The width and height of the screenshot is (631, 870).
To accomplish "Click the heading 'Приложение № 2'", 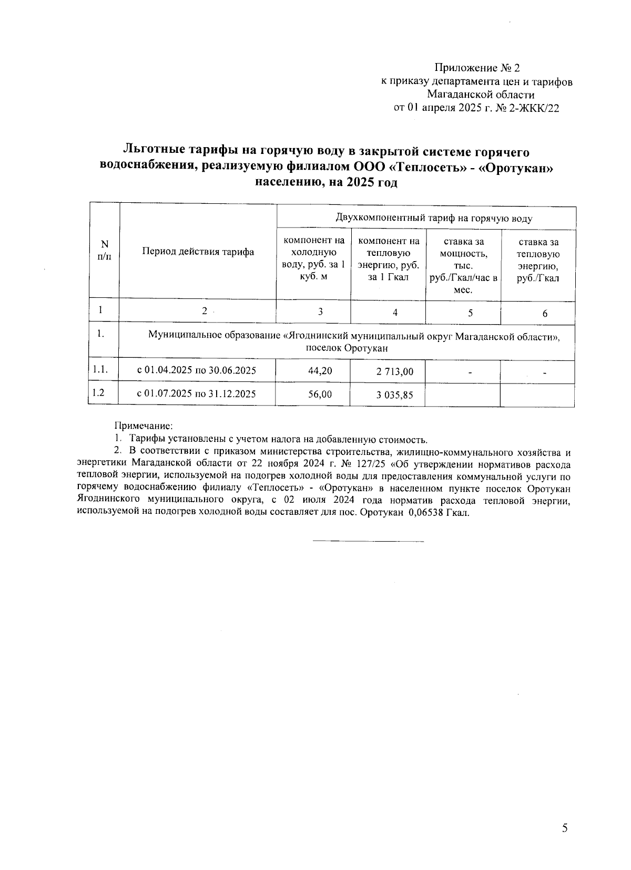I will pos(476,68).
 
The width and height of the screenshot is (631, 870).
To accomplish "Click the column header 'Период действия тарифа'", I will pos(198,252).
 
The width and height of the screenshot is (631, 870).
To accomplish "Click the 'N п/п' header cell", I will pos(105,251).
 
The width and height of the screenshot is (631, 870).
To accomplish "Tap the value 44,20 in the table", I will pos(320,371).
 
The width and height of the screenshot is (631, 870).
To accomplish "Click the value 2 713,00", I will pos(394,372).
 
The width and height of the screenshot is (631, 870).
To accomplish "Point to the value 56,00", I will pos(320,394).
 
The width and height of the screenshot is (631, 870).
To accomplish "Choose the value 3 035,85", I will pos(394,395).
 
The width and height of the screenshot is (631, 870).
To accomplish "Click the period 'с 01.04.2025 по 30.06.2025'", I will pos(197,370).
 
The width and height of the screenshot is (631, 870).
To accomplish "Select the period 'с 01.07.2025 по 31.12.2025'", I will pos(197,393).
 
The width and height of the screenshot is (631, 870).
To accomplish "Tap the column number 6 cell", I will pos(545,314).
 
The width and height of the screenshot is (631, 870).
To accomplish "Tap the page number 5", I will pos(565,829).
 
